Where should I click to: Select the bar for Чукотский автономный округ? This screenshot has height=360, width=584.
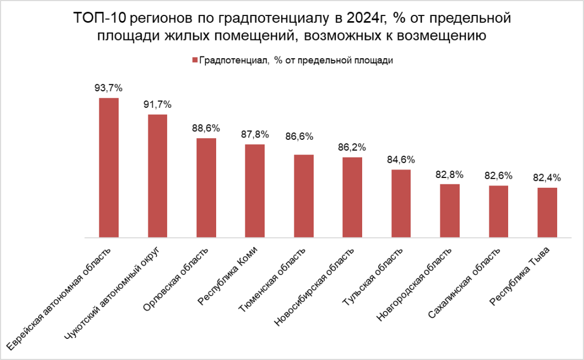coord(157,176)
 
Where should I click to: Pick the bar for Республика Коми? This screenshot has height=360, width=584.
coord(255,191)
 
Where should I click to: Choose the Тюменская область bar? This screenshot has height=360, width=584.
coord(303,196)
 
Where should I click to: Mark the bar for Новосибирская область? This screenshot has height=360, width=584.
coord(352,197)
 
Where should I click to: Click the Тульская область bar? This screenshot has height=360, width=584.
coord(401,203)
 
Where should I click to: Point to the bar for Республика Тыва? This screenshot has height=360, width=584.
coord(547,212)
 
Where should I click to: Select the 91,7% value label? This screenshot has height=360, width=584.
coord(157,104)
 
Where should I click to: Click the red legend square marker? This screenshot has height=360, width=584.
coord(194,60)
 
